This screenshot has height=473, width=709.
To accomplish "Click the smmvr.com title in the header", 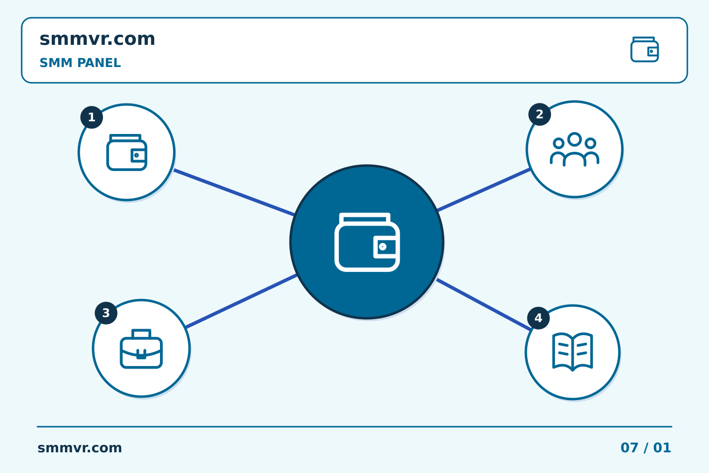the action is click(x=97, y=39).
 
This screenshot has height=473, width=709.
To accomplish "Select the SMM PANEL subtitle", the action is click(x=80, y=63).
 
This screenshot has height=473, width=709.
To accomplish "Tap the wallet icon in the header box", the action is click(x=645, y=49).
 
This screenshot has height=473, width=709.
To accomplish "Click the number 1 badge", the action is click(x=92, y=117).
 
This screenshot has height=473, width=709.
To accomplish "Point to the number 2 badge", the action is click(x=540, y=114).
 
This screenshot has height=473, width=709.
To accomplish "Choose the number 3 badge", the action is click(x=106, y=313).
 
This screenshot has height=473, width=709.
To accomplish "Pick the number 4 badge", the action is click(x=539, y=318).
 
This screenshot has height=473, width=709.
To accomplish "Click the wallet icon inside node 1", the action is click(x=127, y=152).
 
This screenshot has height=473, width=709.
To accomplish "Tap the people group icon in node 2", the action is click(x=575, y=149).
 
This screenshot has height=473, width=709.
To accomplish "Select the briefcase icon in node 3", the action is click(x=141, y=349).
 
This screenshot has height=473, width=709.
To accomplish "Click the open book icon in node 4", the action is click(x=573, y=352).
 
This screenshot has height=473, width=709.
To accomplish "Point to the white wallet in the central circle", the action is click(x=367, y=242).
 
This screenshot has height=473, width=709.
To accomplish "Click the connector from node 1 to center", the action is click(x=234, y=193).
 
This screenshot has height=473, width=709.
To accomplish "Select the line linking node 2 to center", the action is click(x=483, y=190).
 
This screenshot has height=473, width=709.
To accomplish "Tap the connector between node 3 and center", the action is click(x=241, y=301).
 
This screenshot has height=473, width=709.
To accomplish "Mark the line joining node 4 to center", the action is click(x=484, y=305).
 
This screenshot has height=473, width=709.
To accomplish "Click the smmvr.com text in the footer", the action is click(x=79, y=448).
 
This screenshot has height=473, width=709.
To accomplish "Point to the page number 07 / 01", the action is click(x=645, y=448).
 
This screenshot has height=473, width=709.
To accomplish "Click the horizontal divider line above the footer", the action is click(x=354, y=427).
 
